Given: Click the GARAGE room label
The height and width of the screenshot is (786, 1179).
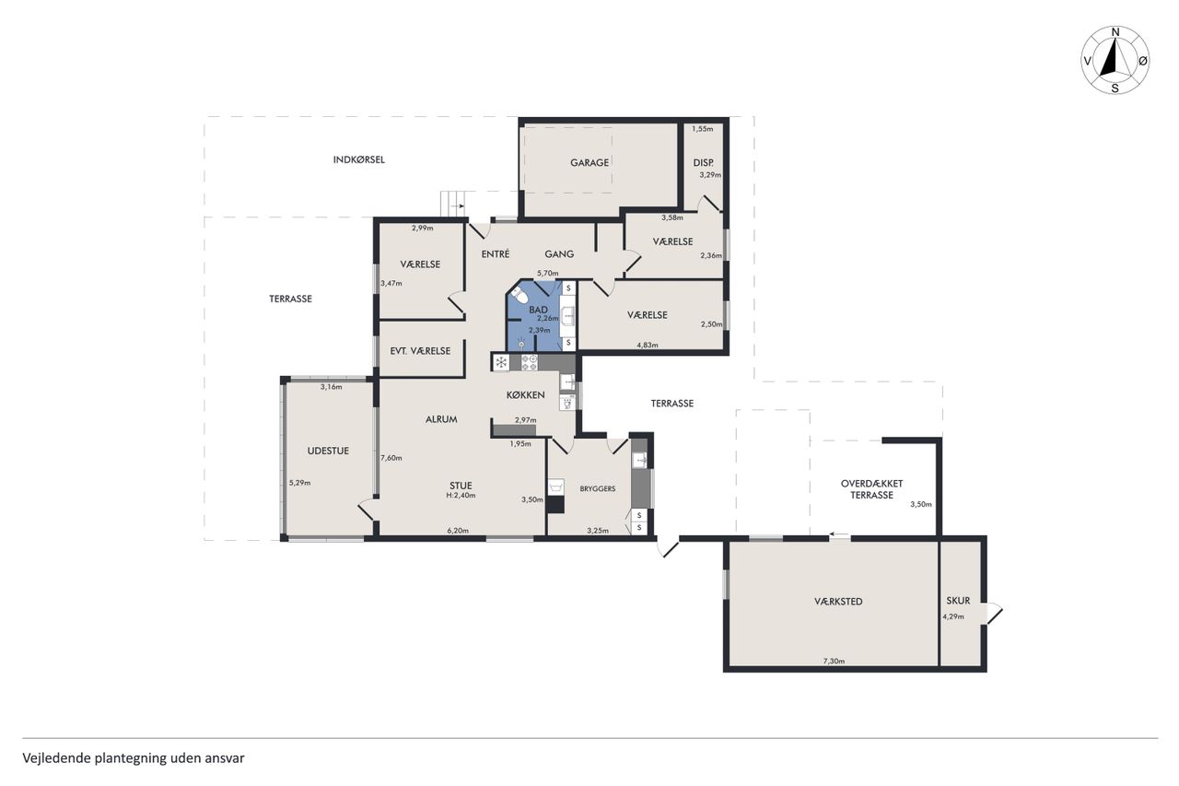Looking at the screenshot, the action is [589, 163].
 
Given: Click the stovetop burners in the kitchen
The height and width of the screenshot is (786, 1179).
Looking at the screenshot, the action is [530, 362].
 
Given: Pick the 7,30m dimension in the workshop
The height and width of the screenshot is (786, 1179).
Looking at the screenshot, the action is [834, 661].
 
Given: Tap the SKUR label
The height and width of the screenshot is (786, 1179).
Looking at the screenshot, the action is [958, 600].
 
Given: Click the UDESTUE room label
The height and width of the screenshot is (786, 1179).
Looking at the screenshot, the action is [328, 451].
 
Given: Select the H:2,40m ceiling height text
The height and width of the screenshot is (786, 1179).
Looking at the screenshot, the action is [461, 496].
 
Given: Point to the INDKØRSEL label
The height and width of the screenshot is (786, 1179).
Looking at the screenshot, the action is [359, 159].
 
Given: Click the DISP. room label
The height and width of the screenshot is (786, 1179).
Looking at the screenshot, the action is [704, 163].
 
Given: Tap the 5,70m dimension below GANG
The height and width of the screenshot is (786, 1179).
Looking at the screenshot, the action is [547, 274].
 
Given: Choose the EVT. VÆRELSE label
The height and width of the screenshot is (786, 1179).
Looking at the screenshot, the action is [420, 351].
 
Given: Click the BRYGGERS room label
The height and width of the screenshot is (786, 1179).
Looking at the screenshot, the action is [598, 488].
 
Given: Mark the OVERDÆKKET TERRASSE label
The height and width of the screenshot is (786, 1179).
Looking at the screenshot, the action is [871, 489].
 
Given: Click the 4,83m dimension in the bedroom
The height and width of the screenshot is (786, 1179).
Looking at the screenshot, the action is [648, 346].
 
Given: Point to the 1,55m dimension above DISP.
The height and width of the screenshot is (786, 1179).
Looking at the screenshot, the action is [702, 128].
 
